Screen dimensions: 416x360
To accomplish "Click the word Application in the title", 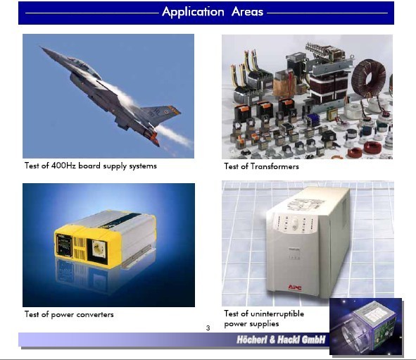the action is (193, 12).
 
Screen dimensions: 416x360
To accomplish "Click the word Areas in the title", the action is (247, 12).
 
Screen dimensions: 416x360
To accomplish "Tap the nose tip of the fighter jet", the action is (40, 47).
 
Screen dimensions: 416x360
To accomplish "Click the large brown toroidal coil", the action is (368, 77).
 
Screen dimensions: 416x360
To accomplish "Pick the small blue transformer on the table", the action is (313, 120).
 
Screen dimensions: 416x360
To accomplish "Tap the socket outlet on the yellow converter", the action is (99, 249).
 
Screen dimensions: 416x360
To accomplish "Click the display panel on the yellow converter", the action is (64, 245).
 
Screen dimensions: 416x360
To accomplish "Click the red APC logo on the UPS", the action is (295, 287).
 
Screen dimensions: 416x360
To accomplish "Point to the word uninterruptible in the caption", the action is (277, 314).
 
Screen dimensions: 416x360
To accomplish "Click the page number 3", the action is (208, 328).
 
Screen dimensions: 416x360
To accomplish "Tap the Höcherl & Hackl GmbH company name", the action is (281, 340).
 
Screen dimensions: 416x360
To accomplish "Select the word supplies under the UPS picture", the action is (264, 324).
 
